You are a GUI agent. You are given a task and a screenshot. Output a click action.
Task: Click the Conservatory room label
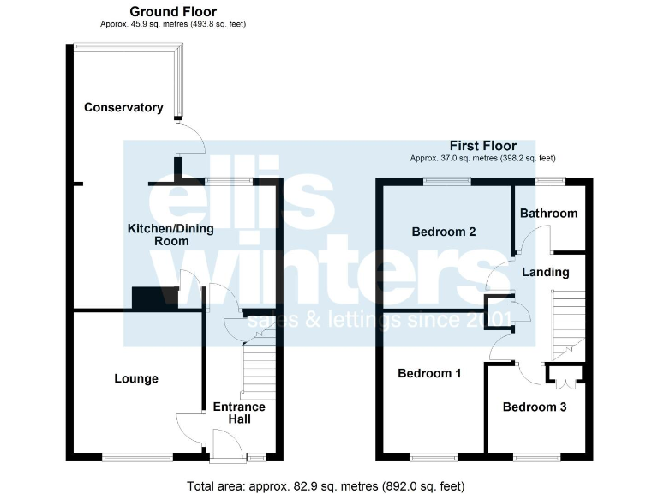pos(123,107)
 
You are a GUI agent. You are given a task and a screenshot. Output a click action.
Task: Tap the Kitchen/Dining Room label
pos(170,235)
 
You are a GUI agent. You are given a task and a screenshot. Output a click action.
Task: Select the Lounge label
pos(136,378)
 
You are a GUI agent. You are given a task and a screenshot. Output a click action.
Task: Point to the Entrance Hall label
pos(239,413)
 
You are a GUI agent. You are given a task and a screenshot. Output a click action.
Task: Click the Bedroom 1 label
pos(429,373)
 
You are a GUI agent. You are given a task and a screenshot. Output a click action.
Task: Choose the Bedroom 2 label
pos(444,232)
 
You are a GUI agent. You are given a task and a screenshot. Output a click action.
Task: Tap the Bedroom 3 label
pos(535,407)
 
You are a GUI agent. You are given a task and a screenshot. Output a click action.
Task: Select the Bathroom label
pos(548,213)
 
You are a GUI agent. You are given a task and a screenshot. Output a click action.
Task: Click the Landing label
pos(546,272)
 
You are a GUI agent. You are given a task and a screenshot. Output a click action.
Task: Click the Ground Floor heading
pos(173,11)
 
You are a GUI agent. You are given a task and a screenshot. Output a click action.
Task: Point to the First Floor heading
pos(482,146)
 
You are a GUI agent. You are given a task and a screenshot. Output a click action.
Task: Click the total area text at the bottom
pos(326,485)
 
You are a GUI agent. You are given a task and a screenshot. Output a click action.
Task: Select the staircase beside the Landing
pos(567,324)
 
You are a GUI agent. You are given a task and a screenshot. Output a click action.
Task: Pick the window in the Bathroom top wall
pos(549,180)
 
